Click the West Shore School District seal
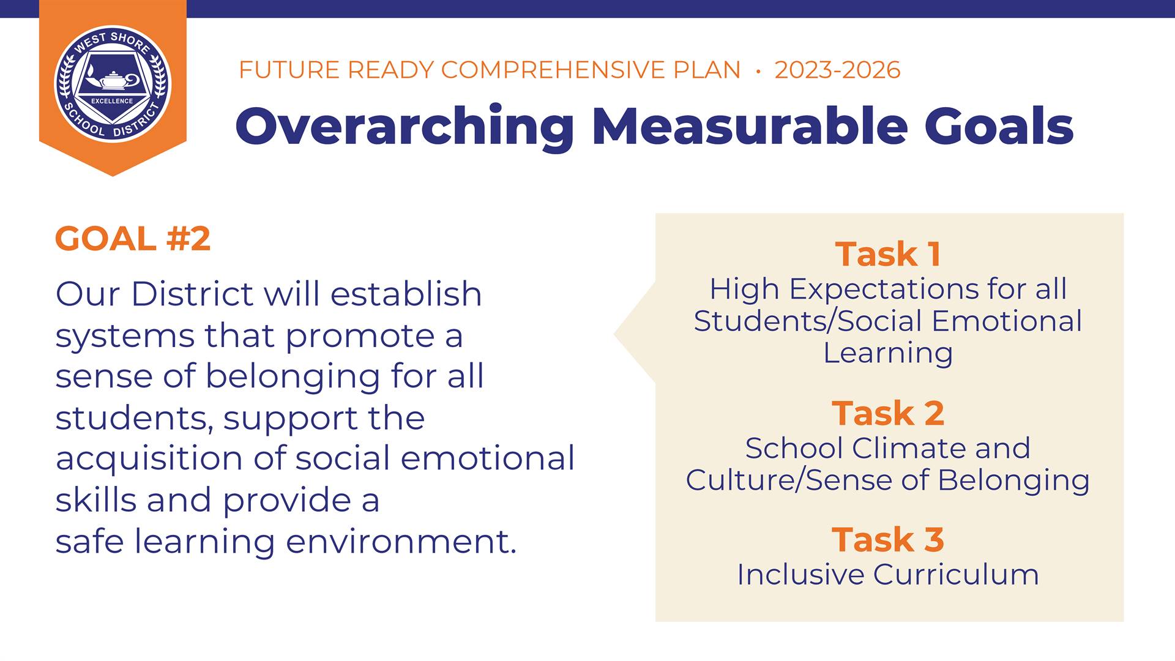pyautogui.click(x=113, y=84)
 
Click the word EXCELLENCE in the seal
pyautogui.click(x=112, y=101)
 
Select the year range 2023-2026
pyautogui.click(x=837, y=70)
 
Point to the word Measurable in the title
pyautogui.click(x=750, y=126)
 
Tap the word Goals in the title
pyautogui.click(x=999, y=126)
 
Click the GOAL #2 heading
pyautogui.click(x=133, y=238)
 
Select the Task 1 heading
pyautogui.click(x=888, y=254)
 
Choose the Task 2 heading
pyautogui.click(x=888, y=413)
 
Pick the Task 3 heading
pyautogui.click(x=888, y=540)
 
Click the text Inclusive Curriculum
pyautogui.click(x=888, y=575)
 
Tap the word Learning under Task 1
pyautogui.click(x=888, y=353)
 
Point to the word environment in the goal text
pyautogui.click(x=401, y=542)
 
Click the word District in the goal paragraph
pyautogui.click(x=192, y=294)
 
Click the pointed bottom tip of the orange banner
pyautogui.click(x=113, y=176)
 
